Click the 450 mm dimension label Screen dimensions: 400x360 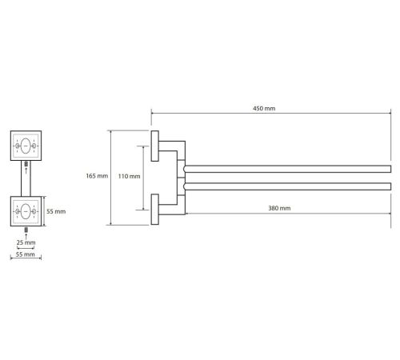[x=264, y=109]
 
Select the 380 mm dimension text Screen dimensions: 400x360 [x=279, y=208]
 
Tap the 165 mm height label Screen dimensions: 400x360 [x=97, y=176]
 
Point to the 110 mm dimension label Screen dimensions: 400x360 [x=129, y=176]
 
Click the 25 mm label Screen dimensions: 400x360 [x=26, y=242]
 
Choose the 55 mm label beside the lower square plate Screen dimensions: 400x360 [x=56, y=211]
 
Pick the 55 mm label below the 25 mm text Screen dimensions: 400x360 [x=25, y=254]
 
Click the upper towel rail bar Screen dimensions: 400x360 [x=287, y=169]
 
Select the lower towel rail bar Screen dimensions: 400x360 [x=287, y=186]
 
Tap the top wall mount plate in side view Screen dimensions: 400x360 [x=155, y=146]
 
